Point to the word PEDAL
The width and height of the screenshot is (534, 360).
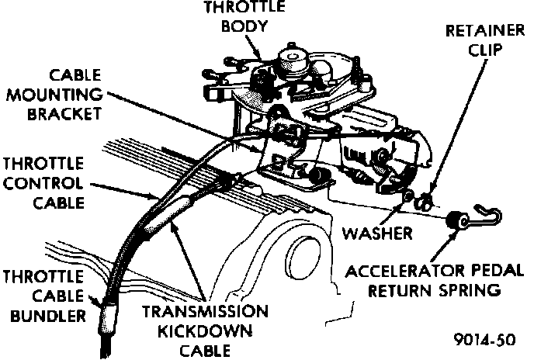point(474,272)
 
